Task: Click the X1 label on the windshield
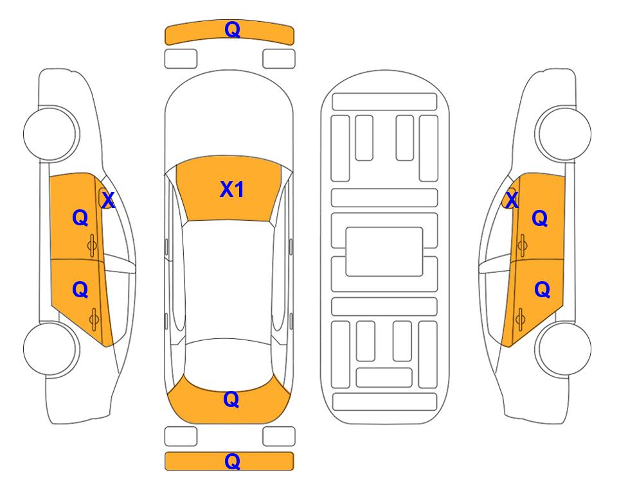tap(232, 189)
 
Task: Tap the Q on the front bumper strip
tap(232, 30)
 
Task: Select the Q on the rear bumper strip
tap(232, 461)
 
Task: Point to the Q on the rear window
tap(231, 399)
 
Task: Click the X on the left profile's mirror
tap(108, 200)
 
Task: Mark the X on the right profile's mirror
tap(512, 200)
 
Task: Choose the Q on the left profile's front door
tap(80, 218)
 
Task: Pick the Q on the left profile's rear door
tap(80, 290)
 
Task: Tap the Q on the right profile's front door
tap(540, 218)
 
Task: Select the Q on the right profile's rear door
tap(542, 290)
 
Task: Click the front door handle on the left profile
tap(93, 245)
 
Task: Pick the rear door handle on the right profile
tap(521, 320)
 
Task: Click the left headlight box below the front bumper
tap(181, 59)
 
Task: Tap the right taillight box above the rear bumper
tap(279, 437)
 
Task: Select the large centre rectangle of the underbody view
tap(384, 252)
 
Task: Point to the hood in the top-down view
tap(229, 118)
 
